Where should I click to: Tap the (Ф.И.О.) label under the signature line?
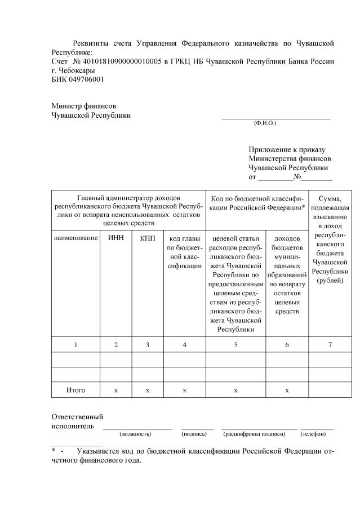click(x=265, y=122)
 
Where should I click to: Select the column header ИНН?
click(x=116, y=238)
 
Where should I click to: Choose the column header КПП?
click(x=147, y=238)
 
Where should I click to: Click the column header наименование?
click(x=75, y=238)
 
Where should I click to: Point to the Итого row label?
click(x=75, y=389)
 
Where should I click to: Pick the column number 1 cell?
click(x=75, y=344)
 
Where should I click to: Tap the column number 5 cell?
click(x=235, y=344)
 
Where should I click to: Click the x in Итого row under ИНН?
click(x=116, y=389)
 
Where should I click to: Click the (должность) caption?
click(x=135, y=434)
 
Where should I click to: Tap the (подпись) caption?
click(x=194, y=434)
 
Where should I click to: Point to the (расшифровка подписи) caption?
click(x=254, y=434)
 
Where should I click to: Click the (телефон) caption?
click(x=313, y=434)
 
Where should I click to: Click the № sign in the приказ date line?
click(x=297, y=177)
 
